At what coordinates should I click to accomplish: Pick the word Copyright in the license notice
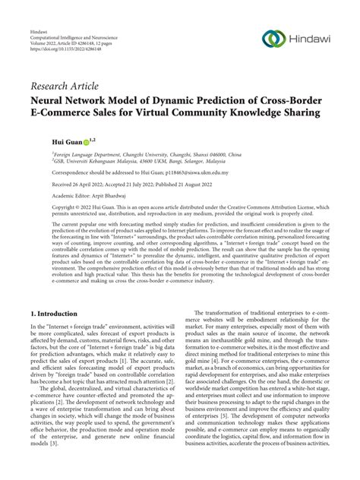coord(44,207)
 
